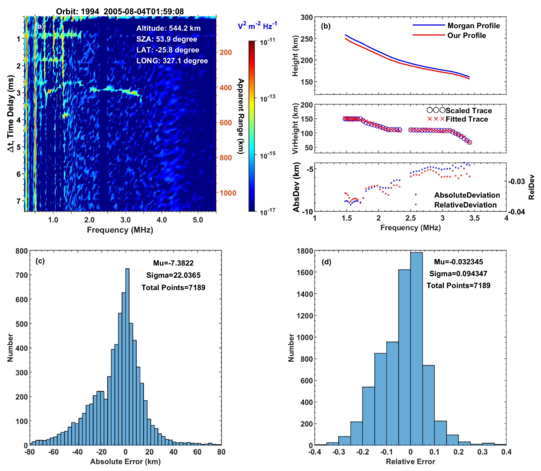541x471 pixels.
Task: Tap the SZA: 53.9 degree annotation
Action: [x=167, y=39]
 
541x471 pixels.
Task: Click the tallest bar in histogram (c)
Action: [x=127, y=357]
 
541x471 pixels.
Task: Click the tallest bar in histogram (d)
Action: [x=416, y=350]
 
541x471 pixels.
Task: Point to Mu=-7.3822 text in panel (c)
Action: [x=173, y=263]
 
